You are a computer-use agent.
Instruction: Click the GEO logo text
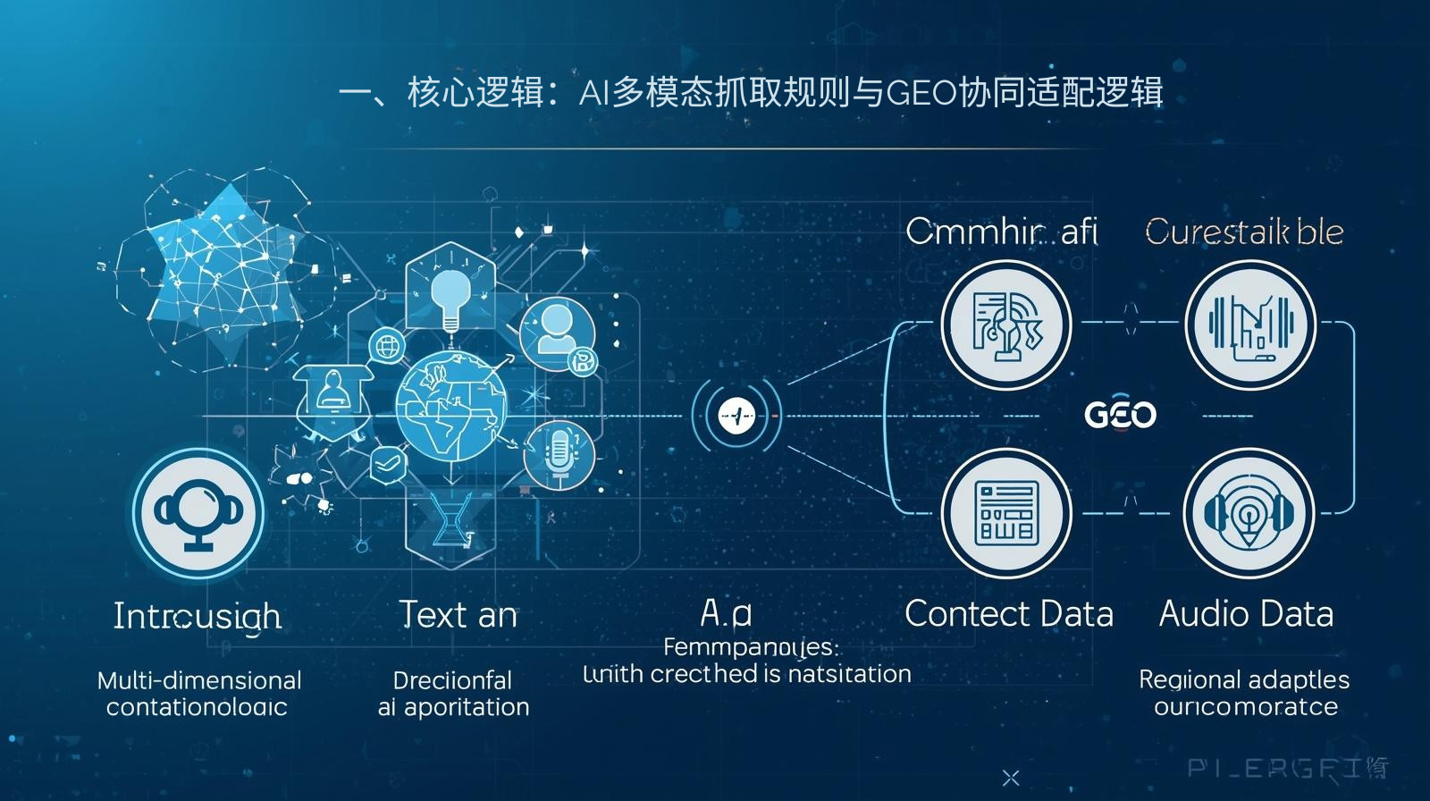point(1120,415)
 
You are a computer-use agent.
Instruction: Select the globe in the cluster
point(451,402)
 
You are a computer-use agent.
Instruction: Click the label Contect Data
point(1009,614)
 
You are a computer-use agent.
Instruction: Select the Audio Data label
point(1246,614)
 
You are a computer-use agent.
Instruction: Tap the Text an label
point(458,615)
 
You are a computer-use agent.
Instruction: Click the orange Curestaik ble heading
point(1244,232)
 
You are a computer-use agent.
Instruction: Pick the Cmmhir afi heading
point(1001,232)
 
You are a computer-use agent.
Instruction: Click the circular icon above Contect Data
point(1006,514)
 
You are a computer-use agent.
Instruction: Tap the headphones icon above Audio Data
point(1249,514)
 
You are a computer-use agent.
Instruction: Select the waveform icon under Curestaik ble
point(1249,325)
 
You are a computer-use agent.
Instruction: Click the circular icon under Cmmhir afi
point(1006,325)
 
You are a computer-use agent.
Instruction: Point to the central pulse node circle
point(737,416)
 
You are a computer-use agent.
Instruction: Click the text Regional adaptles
point(1244,679)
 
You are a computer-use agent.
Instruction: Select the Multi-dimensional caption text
point(198,680)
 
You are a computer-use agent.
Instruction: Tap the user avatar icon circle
point(556,331)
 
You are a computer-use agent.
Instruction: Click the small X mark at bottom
point(1011,778)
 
